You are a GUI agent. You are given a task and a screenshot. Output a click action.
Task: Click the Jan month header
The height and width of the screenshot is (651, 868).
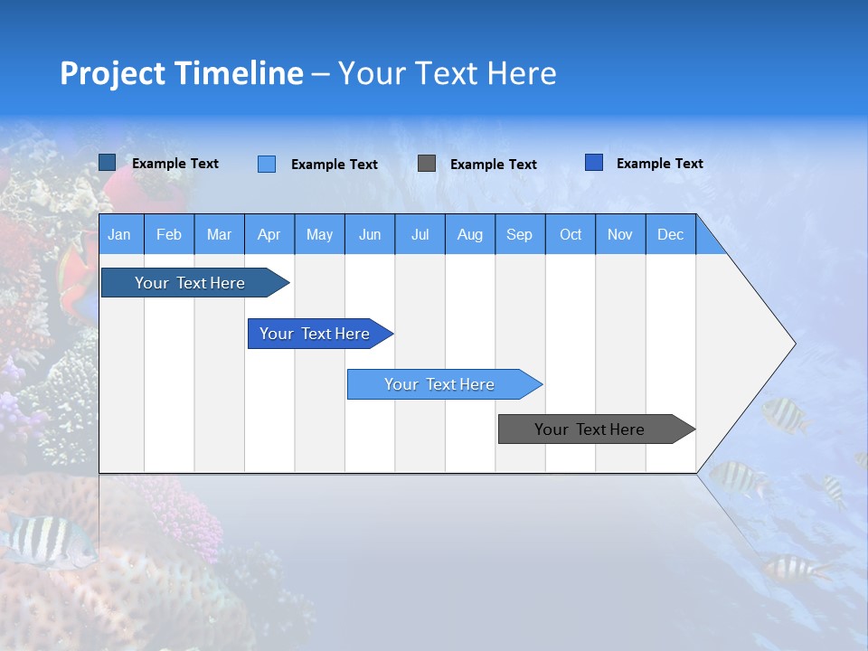(119, 234)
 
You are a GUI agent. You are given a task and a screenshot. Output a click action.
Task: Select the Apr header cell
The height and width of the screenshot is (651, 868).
(269, 234)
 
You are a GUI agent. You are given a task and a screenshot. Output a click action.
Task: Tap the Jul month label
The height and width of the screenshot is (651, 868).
(420, 234)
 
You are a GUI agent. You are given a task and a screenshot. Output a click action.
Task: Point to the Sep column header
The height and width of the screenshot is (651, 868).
(519, 234)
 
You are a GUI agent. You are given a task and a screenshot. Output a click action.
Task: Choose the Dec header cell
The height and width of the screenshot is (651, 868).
(670, 234)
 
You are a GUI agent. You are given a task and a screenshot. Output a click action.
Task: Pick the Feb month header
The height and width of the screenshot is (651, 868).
(169, 234)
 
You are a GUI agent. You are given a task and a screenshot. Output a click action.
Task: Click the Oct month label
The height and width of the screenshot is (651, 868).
(571, 234)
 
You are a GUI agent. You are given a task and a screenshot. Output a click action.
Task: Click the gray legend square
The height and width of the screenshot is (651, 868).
(427, 164)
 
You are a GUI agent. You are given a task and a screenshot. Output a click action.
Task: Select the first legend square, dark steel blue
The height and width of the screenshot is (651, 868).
(108, 163)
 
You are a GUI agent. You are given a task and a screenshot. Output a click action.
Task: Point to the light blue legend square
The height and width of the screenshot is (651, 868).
(267, 164)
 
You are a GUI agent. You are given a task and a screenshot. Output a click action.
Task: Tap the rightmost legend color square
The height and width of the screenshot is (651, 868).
(594, 163)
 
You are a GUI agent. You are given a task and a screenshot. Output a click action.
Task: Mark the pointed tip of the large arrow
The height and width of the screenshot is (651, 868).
(793, 344)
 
